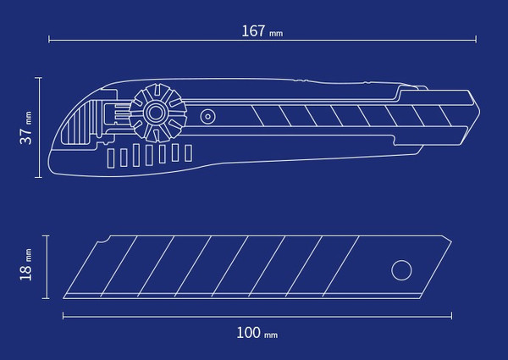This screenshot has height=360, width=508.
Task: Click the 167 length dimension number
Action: click(253, 31)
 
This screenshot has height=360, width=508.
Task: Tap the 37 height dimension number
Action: click(26, 136)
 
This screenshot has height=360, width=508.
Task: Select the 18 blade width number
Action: click(26, 273)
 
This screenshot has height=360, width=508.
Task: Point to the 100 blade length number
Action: click(248, 333)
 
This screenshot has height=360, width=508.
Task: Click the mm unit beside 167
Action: click(276, 33)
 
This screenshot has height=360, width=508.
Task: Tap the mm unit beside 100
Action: click(271, 335)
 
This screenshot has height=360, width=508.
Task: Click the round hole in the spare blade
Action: click(401, 270)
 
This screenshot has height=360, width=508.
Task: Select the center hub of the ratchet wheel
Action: click(156, 114)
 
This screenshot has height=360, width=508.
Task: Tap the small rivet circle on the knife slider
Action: click(207, 117)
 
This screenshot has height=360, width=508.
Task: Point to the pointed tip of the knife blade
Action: click(480, 112)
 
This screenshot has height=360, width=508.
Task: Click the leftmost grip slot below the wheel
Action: click(111, 158)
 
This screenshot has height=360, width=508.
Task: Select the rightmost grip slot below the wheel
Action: click(188, 153)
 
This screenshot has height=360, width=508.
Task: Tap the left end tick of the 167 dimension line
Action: click(49, 40)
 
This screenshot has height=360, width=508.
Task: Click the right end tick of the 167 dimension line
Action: click(476, 40)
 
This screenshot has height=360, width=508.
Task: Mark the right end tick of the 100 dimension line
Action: click(451, 315)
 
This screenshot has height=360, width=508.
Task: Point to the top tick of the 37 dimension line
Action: click(39, 78)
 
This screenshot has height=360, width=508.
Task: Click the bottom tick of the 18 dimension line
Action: click(46, 298)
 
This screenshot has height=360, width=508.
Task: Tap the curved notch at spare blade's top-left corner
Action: click(103, 240)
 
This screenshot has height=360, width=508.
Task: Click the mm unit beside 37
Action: click(29, 118)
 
